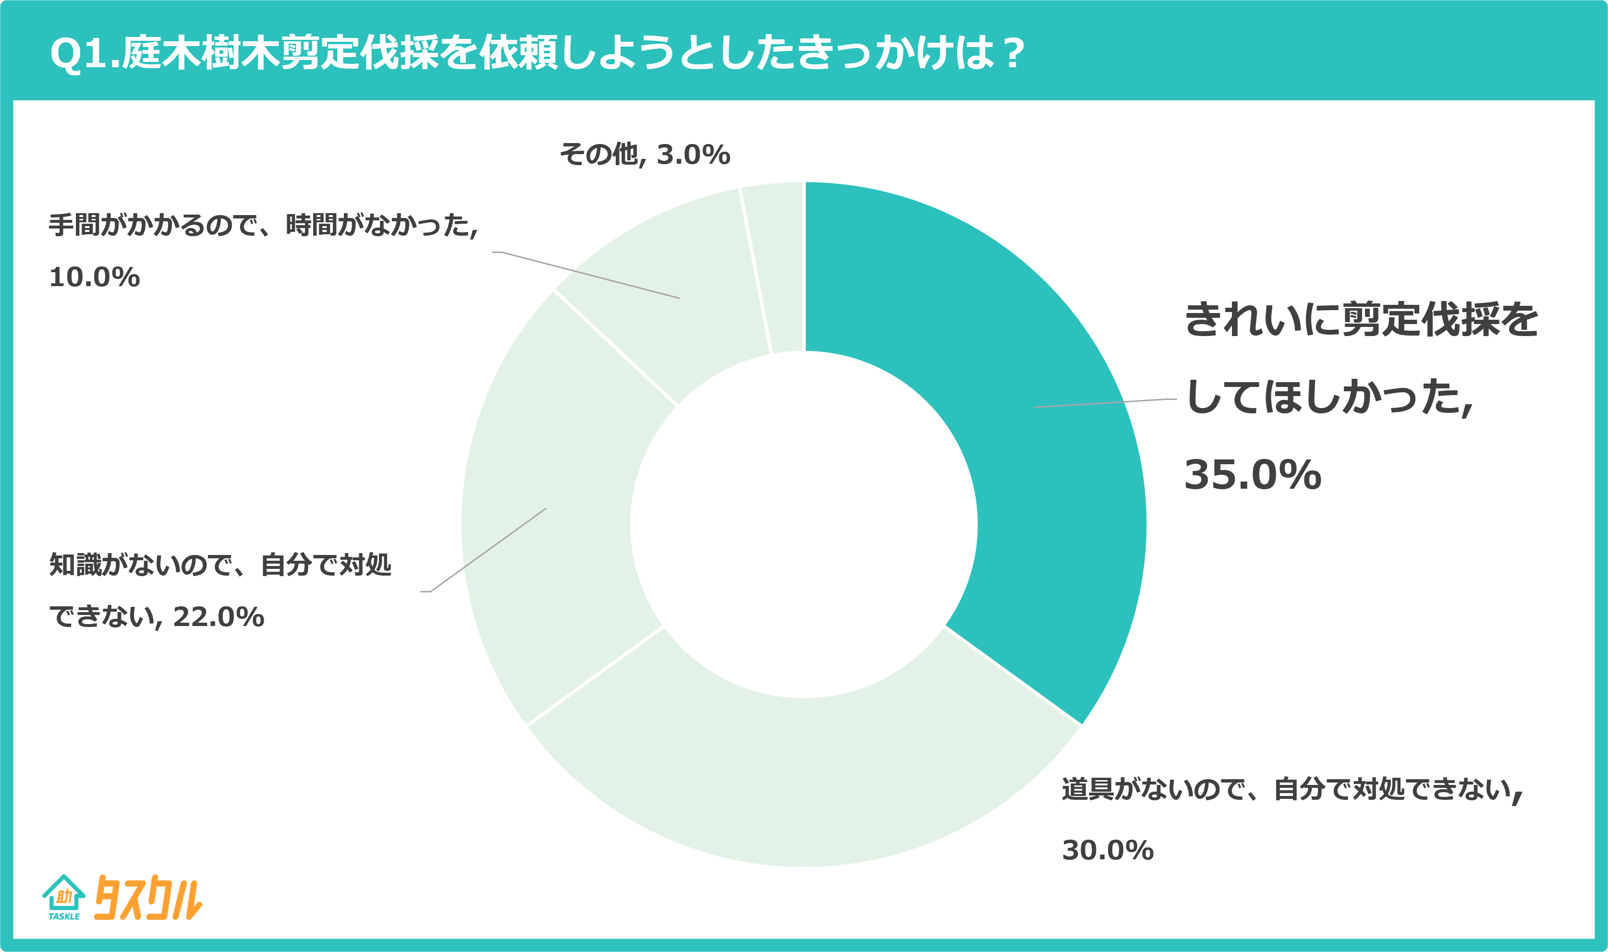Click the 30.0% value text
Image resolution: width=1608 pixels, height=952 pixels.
[1108, 851]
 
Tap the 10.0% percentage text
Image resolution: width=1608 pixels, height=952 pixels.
[94, 278]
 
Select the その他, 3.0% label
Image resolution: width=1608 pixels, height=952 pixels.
[645, 155]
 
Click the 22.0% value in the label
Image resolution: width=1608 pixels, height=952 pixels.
[218, 617]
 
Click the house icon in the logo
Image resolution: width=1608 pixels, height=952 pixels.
[63, 893]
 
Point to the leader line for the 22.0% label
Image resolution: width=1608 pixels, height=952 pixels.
[487, 551]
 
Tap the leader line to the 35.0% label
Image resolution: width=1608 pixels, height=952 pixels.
[1104, 403]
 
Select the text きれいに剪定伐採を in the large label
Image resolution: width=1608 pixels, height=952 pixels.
[1360, 319]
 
